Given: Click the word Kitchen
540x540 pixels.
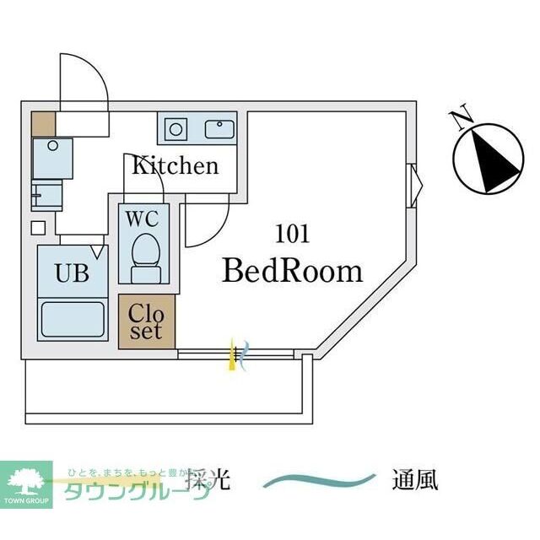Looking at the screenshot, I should coord(175,165).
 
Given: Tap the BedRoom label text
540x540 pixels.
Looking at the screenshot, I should coord(292,271).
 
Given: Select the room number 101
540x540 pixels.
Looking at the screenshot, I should coord(292,234).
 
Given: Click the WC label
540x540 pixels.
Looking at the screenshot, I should coord(142,218).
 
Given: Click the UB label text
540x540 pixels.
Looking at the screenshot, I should coord(73,273).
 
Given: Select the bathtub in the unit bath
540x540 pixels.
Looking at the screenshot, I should coord(73,319).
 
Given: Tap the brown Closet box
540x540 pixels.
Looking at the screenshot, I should coord(147,321).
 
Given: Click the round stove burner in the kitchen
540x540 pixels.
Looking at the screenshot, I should coord(176,129).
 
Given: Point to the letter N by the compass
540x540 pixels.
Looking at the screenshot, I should coord(461,119).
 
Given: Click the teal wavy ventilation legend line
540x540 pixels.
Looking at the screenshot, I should coord(319,482).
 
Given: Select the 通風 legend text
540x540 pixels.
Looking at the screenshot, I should coord(414,481).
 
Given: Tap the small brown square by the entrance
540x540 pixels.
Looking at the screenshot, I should coord(43,124).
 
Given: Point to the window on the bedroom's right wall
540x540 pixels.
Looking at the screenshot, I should coord(413,185).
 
